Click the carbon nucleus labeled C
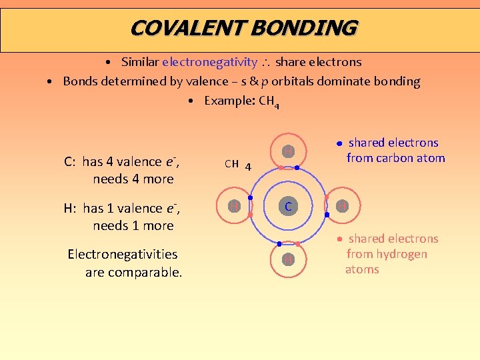pos(287,207)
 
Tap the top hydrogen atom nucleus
pos(287,153)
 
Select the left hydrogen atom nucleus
pos(235,207)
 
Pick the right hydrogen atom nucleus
pos(341,207)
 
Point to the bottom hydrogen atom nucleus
pos(287,259)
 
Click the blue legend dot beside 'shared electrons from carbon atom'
pos(339,143)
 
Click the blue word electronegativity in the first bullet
pos(209,62)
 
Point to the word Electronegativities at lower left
pos(123,254)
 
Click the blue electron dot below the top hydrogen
pos(297,168)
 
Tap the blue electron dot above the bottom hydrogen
pos(279,245)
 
